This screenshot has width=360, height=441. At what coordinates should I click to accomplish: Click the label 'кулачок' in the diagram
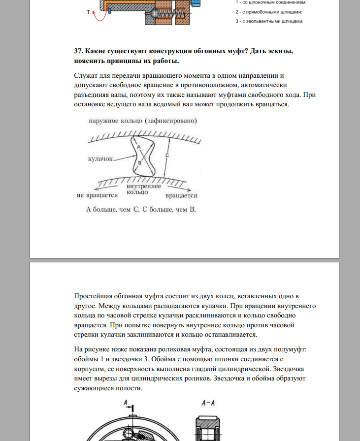(100, 159)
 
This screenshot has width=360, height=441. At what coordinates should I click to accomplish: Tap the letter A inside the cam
(139, 147)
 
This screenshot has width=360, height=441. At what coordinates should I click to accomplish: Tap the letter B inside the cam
(140, 163)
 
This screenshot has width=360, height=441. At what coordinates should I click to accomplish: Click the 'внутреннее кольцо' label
(144, 189)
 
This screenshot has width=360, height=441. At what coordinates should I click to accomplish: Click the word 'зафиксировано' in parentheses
(171, 121)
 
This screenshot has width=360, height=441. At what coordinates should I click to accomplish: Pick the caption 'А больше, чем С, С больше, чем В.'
(141, 210)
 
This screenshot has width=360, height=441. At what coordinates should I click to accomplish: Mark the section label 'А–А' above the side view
(208, 403)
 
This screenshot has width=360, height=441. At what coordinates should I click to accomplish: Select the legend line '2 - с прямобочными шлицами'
(268, 11)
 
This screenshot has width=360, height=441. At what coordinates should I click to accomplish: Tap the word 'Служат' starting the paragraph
(85, 76)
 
